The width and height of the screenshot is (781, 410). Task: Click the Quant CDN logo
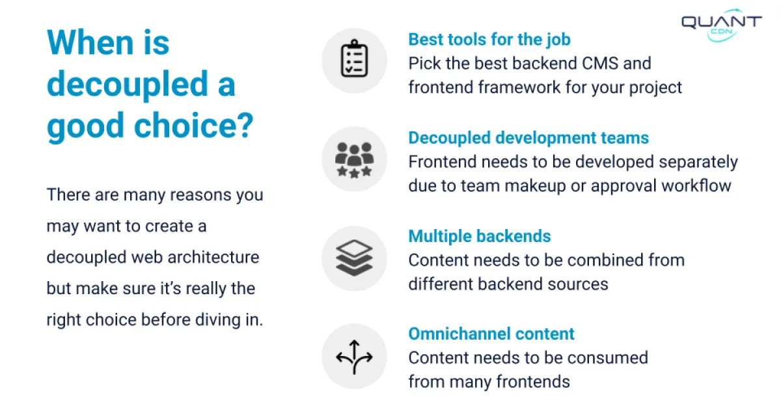click(x=721, y=25)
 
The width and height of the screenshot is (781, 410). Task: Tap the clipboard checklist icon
click(x=354, y=58)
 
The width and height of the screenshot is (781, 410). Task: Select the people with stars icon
click(x=354, y=160)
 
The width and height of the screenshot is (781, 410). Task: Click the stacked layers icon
click(x=354, y=258)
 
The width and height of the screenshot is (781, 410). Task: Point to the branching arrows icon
click(x=354, y=357)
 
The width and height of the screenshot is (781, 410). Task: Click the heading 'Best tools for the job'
click(x=489, y=40)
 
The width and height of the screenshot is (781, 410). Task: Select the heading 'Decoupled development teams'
click(x=528, y=138)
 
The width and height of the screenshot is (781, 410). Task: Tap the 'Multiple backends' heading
click(x=480, y=236)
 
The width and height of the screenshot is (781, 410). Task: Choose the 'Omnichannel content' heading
click(x=491, y=334)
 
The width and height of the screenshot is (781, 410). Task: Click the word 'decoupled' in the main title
click(x=128, y=85)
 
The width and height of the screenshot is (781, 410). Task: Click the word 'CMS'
click(x=599, y=64)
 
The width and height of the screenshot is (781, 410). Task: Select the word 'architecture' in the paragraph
click(x=213, y=257)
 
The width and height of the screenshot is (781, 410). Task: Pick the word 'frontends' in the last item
click(x=533, y=381)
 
